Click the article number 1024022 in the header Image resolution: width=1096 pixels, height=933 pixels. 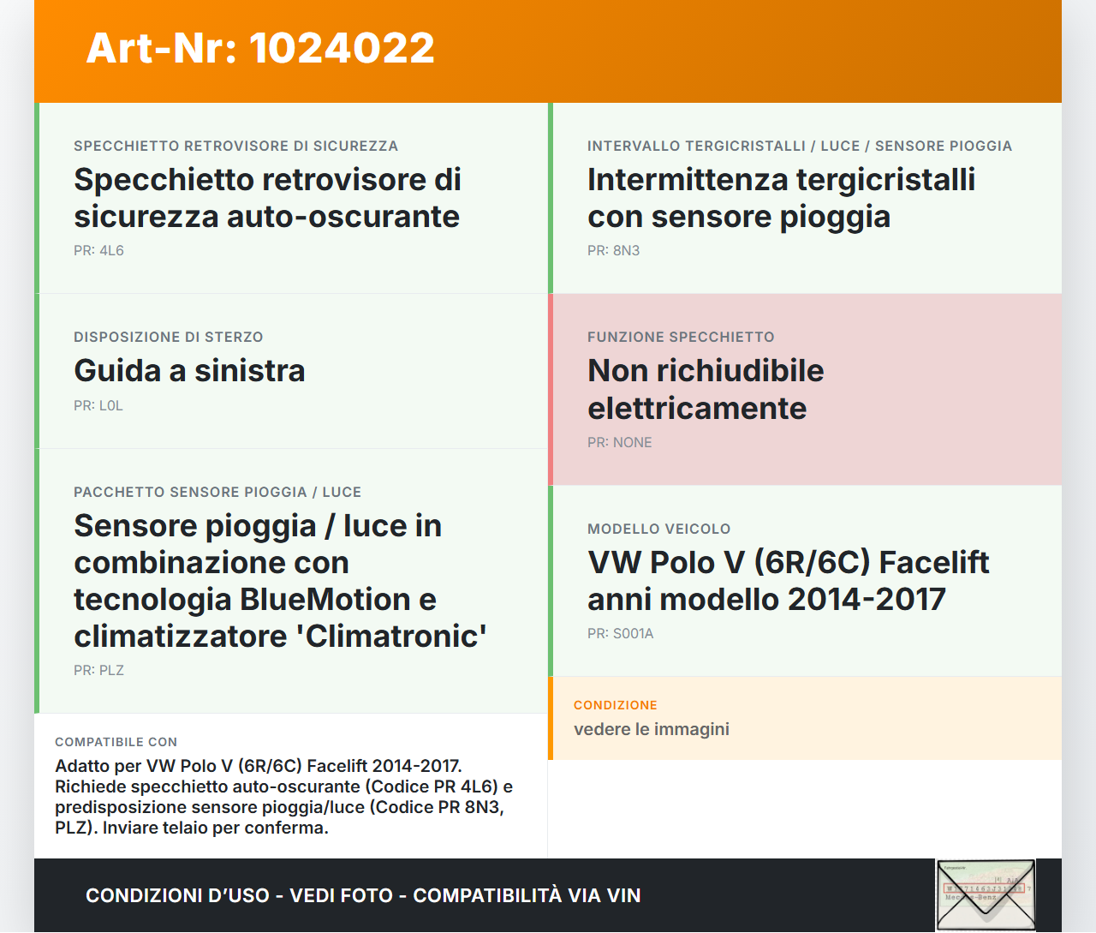342,48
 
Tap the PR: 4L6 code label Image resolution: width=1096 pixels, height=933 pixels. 98,251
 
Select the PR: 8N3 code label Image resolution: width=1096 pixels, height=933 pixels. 613,251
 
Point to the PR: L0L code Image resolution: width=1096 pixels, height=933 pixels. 98,406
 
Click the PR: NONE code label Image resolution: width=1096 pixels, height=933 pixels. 619,443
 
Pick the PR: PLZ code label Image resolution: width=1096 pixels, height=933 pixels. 98,671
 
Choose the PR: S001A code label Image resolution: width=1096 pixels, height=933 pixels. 620,634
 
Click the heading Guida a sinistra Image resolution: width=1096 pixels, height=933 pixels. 189,371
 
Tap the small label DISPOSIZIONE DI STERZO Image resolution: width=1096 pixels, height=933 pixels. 168,338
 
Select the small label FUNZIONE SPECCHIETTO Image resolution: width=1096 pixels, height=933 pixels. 681,338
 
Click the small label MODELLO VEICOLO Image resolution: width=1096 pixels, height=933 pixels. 658,529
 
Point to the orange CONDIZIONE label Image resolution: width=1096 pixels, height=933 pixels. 615,705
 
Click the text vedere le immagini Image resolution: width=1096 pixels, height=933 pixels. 651,730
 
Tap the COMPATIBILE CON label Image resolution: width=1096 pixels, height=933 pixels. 116,743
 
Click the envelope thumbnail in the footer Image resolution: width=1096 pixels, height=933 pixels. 986,894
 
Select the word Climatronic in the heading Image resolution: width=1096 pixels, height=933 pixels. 396,637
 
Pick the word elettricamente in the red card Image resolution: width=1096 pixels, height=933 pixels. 696,409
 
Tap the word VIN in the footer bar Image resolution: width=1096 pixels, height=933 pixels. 623,896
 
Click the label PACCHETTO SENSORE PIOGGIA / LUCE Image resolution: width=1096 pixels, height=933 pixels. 217,493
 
